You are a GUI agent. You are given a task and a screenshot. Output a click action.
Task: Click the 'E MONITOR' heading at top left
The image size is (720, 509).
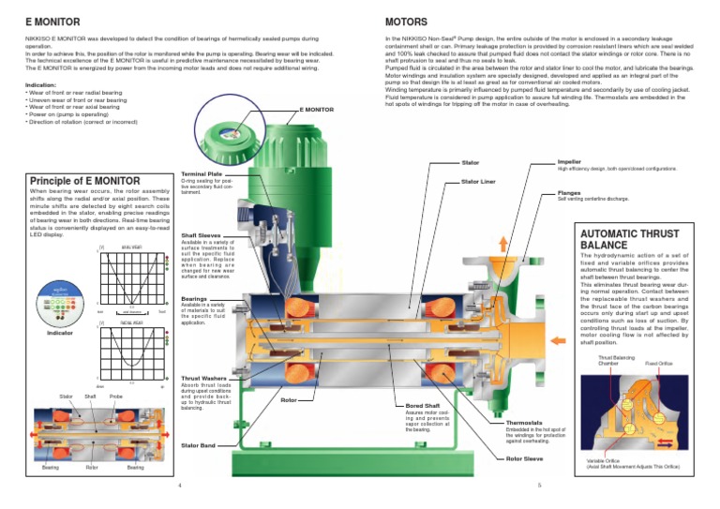(x=45, y=19)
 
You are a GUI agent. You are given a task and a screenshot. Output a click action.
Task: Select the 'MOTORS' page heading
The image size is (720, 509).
(x=409, y=19)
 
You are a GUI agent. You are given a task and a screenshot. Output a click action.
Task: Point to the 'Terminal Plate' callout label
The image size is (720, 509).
(x=201, y=173)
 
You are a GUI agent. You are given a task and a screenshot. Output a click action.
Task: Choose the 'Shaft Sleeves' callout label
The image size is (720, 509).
(x=201, y=235)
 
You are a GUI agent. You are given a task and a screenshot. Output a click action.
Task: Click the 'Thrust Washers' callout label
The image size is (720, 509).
(x=203, y=378)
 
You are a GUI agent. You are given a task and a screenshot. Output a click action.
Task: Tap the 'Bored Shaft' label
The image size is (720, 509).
(x=425, y=405)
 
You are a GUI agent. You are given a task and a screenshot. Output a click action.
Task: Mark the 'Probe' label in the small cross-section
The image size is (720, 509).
(x=117, y=397)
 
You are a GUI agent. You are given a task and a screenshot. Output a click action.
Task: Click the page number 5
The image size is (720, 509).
(x=540, y=486)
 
